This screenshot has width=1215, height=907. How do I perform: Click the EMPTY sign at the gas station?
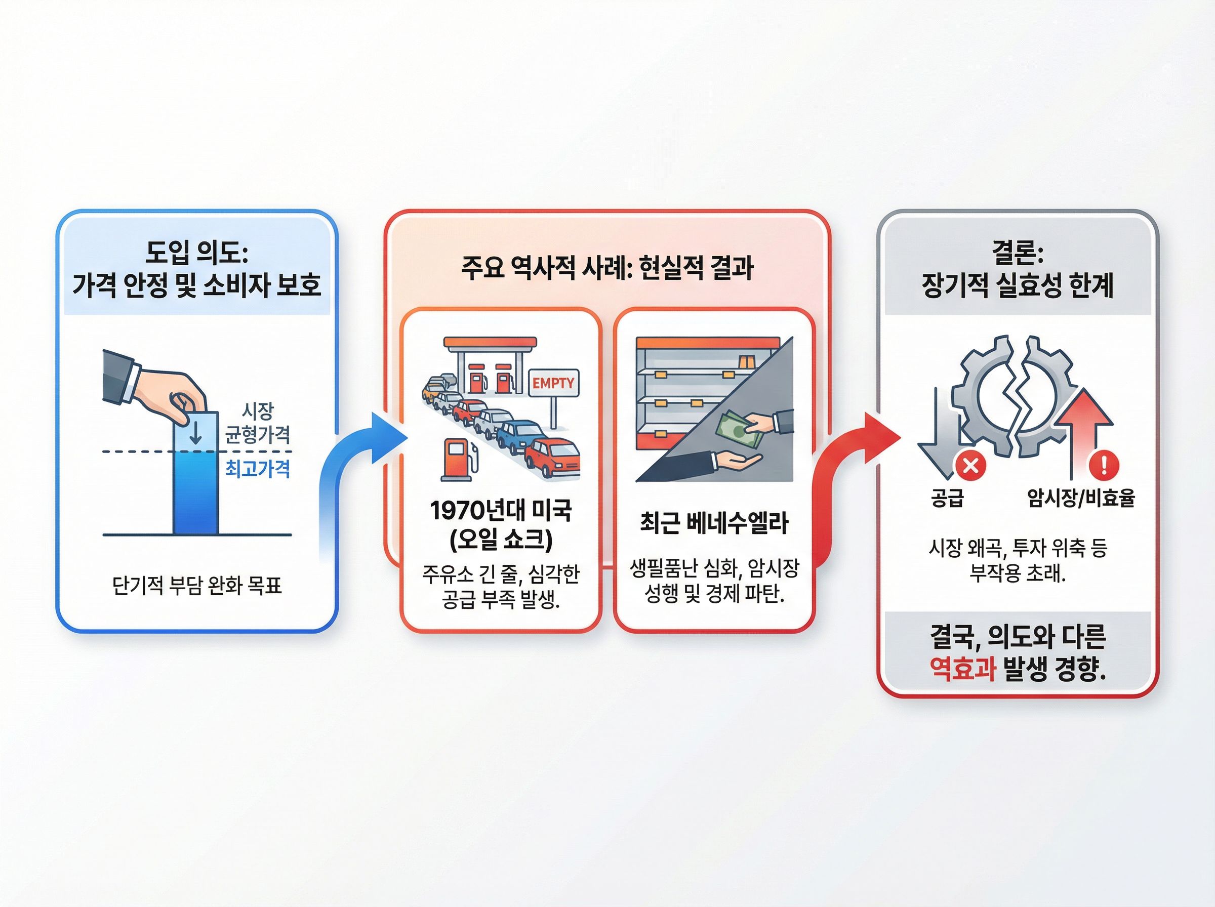click(553, 383)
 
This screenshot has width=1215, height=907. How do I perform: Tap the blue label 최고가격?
click(258, 469)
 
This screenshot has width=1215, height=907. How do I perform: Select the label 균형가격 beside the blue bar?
click(258, 435)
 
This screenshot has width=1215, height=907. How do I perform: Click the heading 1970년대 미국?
click(501, 511)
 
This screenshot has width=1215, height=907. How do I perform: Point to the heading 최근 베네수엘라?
click(714, 523)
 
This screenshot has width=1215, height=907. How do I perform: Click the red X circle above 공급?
click(970, 466)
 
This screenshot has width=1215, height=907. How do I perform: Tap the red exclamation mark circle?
click(1104, 465)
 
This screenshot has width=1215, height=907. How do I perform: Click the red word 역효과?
click(962, 669)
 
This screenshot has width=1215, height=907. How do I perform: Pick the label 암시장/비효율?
click(1080, 498)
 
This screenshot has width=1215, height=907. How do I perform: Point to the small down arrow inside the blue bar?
click(195, 434)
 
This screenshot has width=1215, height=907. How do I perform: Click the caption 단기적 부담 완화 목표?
click(196, 586)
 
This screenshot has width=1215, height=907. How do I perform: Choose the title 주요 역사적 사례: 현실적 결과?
click(606, 268)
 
